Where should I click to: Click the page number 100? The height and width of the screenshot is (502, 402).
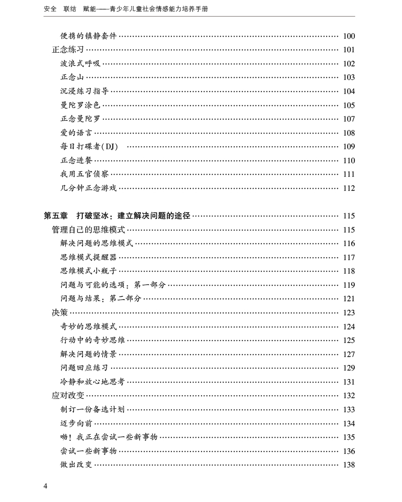point(349,36)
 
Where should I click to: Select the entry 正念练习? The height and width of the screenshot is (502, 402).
point(68,50)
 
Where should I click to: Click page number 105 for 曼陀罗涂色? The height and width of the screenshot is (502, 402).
point(349,105)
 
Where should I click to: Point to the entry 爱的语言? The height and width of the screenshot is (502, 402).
point(76,133)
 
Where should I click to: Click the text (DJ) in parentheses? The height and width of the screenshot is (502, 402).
point(109,147)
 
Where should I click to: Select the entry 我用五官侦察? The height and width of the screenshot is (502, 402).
point(84,174)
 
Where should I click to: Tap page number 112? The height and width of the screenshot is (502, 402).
point(349,188)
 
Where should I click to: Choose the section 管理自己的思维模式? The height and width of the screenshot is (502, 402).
point(88,229)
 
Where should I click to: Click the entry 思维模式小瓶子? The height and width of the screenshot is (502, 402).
point(88,271)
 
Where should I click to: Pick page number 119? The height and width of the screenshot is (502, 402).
point(349,285)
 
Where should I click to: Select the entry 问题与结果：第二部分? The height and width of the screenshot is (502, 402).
point(100,299)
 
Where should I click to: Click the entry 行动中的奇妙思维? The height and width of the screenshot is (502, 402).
point(92,340)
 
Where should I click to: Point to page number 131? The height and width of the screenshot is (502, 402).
point(349,382)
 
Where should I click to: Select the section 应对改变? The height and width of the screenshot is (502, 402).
point(68,395)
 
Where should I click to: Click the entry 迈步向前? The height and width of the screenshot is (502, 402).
point(76,423)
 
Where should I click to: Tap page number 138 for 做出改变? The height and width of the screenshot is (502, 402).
point(349,465)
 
